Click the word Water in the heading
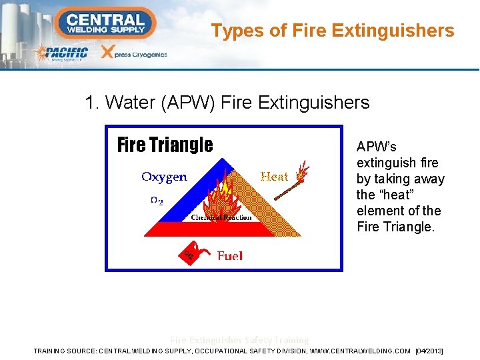[x=129, y=103]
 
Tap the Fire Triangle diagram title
[x=165, y=145]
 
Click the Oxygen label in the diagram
[x=164, y=177]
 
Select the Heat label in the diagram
[x=274, y=177]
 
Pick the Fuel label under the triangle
[x=230, y=255]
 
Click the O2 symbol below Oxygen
[x=156, y=200]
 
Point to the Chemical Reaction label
[x=221, y=217]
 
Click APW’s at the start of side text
[x=376, y=147]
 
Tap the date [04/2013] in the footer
[x=429, y=351]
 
